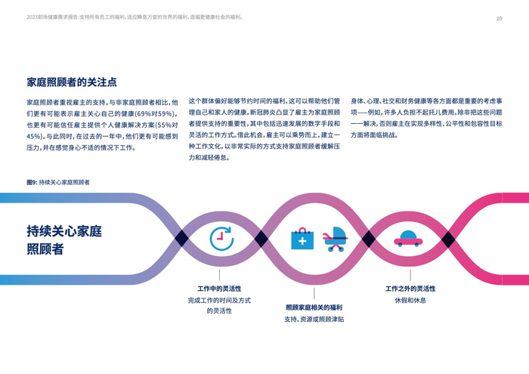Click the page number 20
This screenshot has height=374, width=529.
coord(499,18)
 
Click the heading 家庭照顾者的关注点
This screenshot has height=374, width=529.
coord(72,82)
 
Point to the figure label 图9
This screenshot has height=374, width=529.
coord(32,182)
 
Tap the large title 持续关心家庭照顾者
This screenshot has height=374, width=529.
coord(64,239)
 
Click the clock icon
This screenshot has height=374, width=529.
coord(221,239)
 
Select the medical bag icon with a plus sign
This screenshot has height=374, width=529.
coord(302,239)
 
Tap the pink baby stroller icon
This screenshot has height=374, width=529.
coord(335,240)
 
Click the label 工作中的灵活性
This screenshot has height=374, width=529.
coord(219,289)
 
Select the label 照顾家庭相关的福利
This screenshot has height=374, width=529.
coord(314,308)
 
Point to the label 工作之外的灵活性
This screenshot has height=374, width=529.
coord(410,289)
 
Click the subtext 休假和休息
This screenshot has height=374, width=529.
coord(410,300)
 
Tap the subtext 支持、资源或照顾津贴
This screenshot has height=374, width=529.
coord(314,319)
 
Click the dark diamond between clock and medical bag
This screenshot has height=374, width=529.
coord(261,239)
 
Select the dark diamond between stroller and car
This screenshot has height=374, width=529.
coord(368,239)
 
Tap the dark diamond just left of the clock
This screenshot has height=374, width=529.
coord(181,239)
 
